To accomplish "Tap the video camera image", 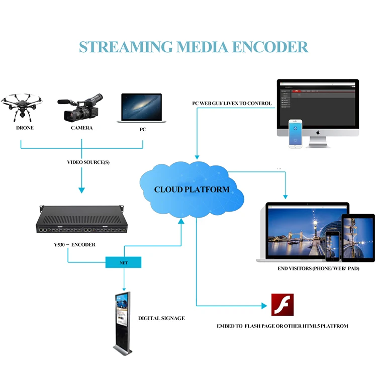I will click(x=82, y=107).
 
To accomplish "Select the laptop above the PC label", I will click(x=142, y=108).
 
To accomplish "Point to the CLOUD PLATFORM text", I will click(x=192, y=190).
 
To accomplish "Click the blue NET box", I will click(x=124, y=262).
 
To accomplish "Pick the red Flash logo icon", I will click(x=282, y=305).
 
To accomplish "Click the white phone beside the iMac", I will click(x=296, y=134).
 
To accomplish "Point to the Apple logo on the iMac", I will click(x=318, y=132).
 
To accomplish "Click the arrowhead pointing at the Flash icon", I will click(x=262, y=305).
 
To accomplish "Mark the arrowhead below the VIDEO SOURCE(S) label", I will click(x=81, y=190).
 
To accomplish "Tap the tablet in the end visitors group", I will click(x=358, y=238).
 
